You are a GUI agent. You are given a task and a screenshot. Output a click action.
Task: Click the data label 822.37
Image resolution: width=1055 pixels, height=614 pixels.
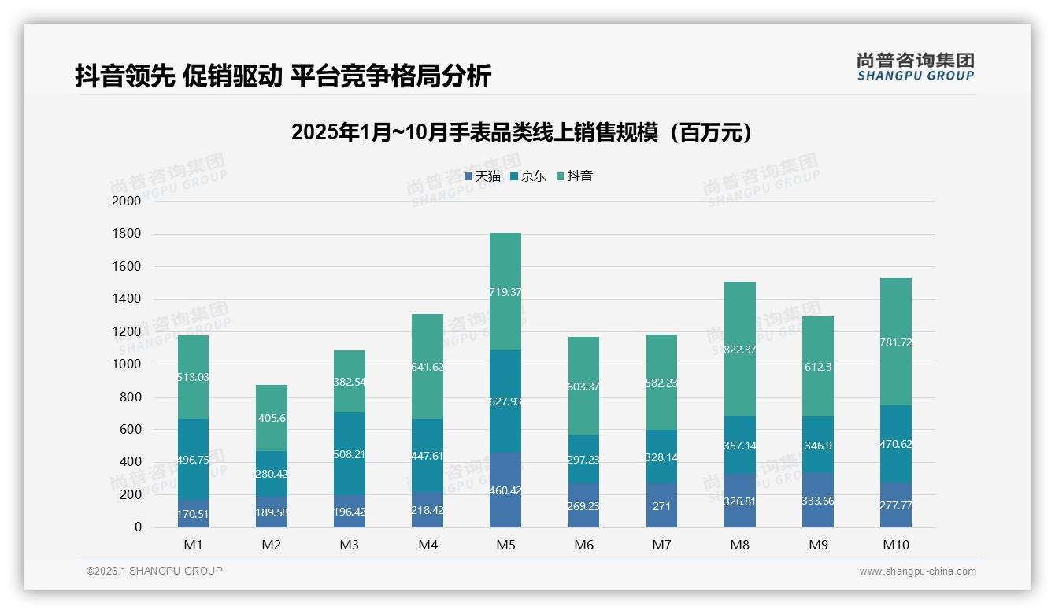click(739, 350)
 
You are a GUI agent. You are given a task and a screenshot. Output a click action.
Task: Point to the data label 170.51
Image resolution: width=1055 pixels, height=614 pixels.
click(193, 515)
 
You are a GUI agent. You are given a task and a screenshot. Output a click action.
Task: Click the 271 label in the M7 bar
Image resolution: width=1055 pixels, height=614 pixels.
click(661, 506)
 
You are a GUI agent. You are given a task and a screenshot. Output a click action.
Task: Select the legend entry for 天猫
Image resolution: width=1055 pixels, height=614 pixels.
click(483, 176)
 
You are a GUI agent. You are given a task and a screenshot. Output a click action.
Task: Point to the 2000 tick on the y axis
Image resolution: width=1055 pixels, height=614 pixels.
click(127, 202)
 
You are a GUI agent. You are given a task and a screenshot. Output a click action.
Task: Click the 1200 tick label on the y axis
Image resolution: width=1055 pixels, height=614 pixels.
click(127, 331)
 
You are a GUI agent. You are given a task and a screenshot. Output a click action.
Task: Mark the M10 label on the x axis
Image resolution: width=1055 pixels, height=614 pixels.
click(896, 546)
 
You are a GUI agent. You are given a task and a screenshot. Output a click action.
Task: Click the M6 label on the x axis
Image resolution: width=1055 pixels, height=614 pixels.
click(583, 546)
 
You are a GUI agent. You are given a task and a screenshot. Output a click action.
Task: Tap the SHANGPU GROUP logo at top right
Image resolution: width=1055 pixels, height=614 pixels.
click(915, 67)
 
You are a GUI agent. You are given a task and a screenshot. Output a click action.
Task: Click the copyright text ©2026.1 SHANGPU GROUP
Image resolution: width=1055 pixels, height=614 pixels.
click(154, 571)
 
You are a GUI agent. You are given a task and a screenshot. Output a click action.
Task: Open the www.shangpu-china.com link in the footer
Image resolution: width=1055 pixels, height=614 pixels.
click(917, 571)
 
